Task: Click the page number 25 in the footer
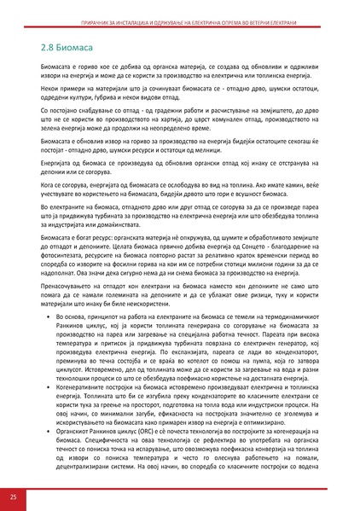[13, 496]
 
